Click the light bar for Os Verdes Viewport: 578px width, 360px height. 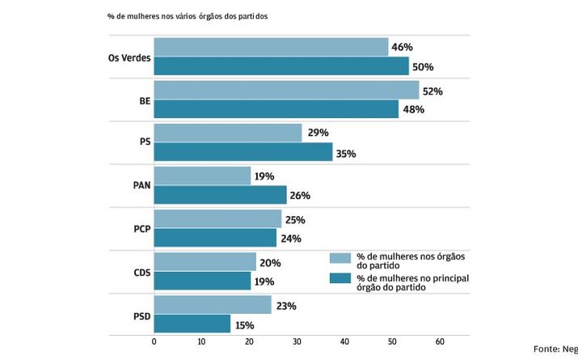click(271, 48)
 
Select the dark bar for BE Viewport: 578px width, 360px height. click(276, 109)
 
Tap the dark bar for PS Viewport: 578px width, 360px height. click(243, 152)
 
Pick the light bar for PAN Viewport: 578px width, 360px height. click(202, 176)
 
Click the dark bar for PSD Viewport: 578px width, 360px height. click(192, 324)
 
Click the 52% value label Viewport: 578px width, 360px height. click(432, 91)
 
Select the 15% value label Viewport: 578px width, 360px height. click(244, 325)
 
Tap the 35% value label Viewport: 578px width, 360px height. click(346, 153)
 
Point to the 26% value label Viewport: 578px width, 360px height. click(300, 196)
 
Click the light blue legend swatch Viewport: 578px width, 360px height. click(340, 258)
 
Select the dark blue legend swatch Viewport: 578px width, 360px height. click(340, 279)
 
